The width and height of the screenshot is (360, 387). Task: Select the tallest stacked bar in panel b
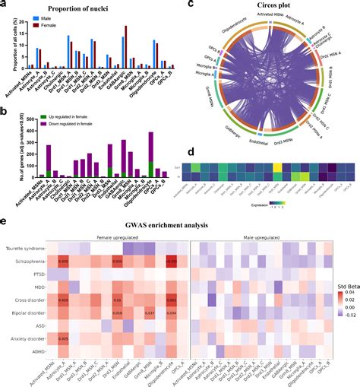pos(151,133)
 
